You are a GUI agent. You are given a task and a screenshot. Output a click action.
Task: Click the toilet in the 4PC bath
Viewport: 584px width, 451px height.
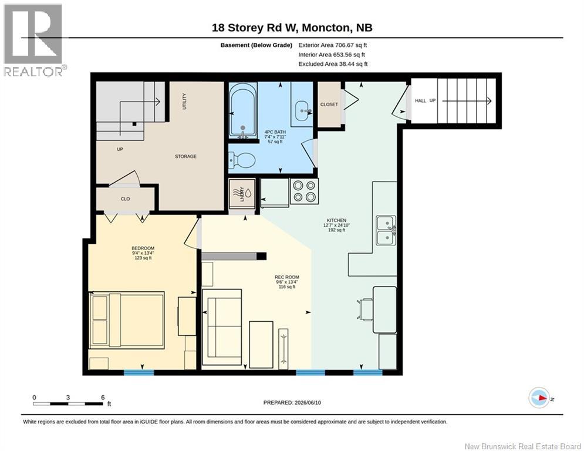[x=242, y=160]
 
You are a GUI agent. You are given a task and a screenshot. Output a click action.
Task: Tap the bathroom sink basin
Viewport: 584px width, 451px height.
[x=302, y=110]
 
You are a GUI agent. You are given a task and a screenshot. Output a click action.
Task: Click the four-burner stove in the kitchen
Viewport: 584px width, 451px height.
[x=304, y=191]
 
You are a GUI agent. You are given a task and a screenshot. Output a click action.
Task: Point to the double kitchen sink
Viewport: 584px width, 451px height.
[x=386, y=230]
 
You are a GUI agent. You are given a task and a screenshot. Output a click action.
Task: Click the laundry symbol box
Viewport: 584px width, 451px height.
[x=242, y=194]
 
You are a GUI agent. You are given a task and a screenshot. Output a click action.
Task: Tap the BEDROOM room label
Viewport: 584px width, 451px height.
[x=143, y=248]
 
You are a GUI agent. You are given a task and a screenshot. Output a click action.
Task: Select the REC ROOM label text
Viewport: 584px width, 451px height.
[x=287, y=277]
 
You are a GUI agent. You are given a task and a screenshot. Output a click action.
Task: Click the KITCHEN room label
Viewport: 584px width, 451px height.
[x=337, y=220]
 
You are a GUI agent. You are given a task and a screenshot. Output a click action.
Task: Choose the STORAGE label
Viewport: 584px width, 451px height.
[x=185, y=157]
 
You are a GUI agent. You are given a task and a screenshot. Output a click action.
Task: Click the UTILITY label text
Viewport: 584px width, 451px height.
[x=184, y=102]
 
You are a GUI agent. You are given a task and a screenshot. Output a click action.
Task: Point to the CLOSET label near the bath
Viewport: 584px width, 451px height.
[x=329, y=105]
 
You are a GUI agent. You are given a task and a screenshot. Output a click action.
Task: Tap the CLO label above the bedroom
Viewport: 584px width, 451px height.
[x=125, y=199]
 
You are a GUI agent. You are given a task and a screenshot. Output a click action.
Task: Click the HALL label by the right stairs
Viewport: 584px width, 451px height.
[x=420, y=100]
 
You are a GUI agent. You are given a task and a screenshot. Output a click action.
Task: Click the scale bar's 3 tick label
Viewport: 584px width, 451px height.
[x=67, y=398]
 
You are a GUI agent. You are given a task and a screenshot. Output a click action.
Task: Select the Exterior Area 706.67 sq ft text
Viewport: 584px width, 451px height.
[x=333, y=45]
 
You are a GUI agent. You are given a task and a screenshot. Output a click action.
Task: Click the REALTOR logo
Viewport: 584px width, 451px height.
[x=33, y=40]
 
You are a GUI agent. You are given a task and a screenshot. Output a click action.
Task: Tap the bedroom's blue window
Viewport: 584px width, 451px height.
[x=139, y=372]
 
